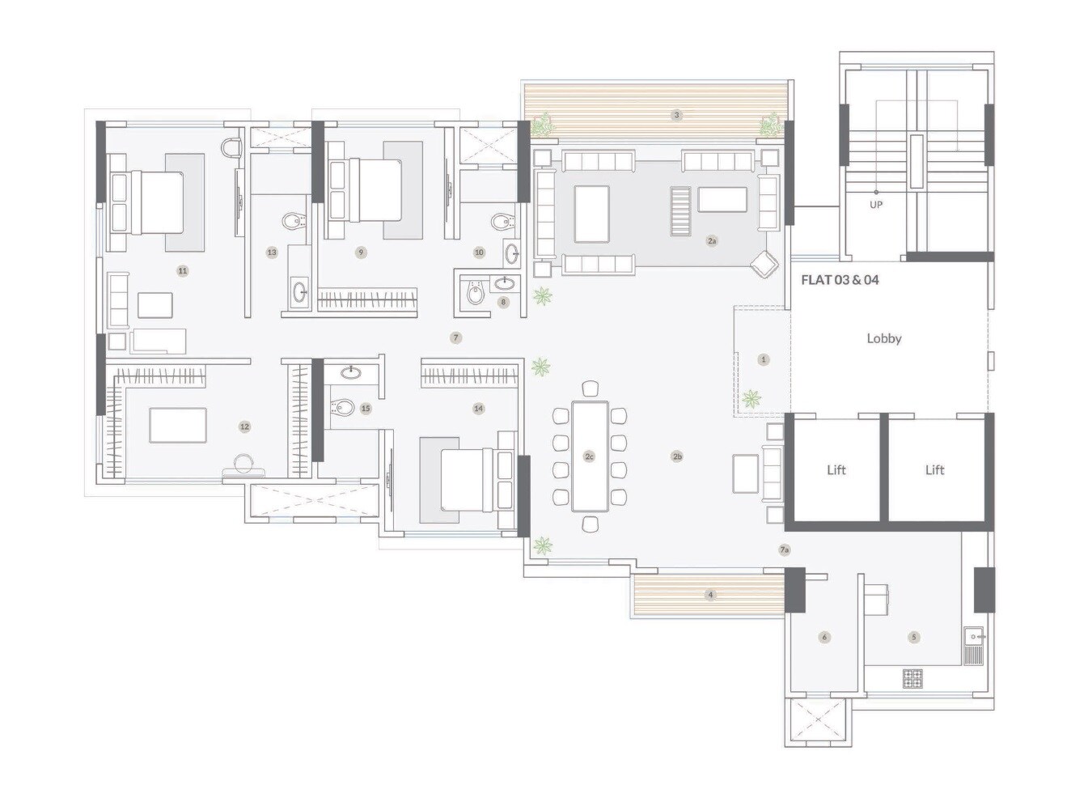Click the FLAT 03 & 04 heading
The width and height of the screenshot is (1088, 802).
point(840,280)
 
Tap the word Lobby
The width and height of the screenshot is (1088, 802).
point(883,338)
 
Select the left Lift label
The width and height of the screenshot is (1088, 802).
point(836,469)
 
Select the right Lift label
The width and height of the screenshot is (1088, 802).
point(934,469)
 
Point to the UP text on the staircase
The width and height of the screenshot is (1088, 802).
point(875,205)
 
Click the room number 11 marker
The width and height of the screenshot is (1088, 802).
point(183,270)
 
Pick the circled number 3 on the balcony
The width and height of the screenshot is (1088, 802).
point(677,115)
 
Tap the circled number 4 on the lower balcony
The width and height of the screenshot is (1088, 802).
point(710,595)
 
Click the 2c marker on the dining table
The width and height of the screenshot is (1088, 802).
point(589,456)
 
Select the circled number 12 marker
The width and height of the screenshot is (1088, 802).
point(244,426)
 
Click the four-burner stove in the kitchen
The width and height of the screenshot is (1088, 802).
point(912,678)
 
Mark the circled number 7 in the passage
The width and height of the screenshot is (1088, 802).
point(456,337)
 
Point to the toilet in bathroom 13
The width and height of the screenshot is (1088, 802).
point(292,220)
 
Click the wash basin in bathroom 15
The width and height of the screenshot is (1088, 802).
point(351,372)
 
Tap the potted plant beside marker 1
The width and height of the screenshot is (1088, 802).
point(751,398)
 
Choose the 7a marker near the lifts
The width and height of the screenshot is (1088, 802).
point(784,550)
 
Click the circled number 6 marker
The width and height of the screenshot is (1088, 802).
point(824,637)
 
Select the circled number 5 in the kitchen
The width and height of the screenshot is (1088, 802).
point(914,637)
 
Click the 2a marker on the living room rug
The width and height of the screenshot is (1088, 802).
point(712,240)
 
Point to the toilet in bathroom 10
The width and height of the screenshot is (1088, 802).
point(501,220)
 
